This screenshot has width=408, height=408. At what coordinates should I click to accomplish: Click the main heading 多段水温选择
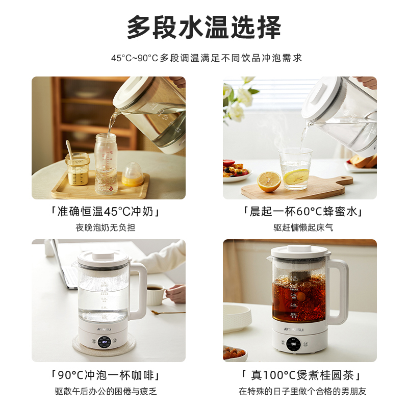point(203,27)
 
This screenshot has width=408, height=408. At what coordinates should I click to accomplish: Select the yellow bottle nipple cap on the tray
point(133,174)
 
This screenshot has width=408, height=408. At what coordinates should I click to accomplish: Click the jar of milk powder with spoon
point(78,169)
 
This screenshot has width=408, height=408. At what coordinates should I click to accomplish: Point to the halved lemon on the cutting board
point(269,181)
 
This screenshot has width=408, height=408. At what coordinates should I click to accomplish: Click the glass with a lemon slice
point(295,168)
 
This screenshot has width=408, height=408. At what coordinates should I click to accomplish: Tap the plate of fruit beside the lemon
point(237,170)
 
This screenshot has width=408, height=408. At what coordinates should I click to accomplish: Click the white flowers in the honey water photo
point(238,99)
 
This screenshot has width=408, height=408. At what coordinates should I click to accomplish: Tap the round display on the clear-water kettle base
point(105,342)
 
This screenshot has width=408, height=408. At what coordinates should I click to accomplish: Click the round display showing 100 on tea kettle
point(293,343)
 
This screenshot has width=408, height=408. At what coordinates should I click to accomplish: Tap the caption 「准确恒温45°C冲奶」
point(106,212)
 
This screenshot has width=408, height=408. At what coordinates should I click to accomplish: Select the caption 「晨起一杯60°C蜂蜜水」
point(302,212)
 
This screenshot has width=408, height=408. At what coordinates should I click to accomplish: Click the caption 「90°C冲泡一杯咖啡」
point(106,375)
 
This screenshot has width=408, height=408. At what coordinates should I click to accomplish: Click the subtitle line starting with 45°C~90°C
point(207,58)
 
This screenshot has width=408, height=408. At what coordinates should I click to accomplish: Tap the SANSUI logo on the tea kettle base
point(294,329)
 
